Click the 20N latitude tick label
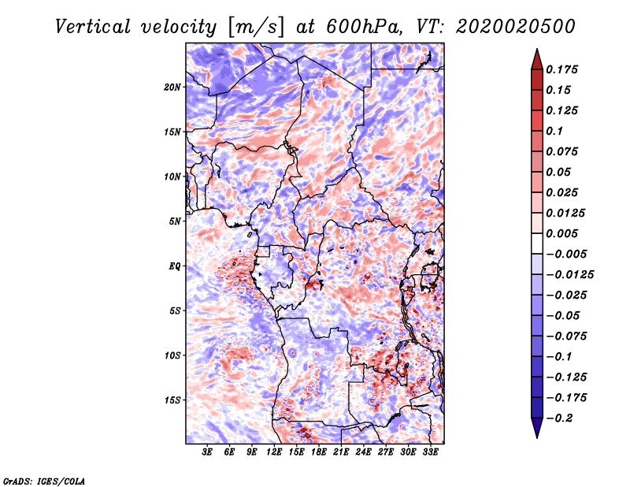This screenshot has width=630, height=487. coord(172,87)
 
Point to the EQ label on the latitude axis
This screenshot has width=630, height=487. coord(175,266)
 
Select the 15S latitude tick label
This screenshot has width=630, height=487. coord(172,400)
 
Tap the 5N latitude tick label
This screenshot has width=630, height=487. coord(175,221)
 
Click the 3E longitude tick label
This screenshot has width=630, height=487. coord(208,453)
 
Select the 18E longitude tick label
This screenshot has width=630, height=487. coord(319,453)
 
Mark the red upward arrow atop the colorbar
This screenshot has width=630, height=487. coord(536,58)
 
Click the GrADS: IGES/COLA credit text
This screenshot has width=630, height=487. coord(44,480)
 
